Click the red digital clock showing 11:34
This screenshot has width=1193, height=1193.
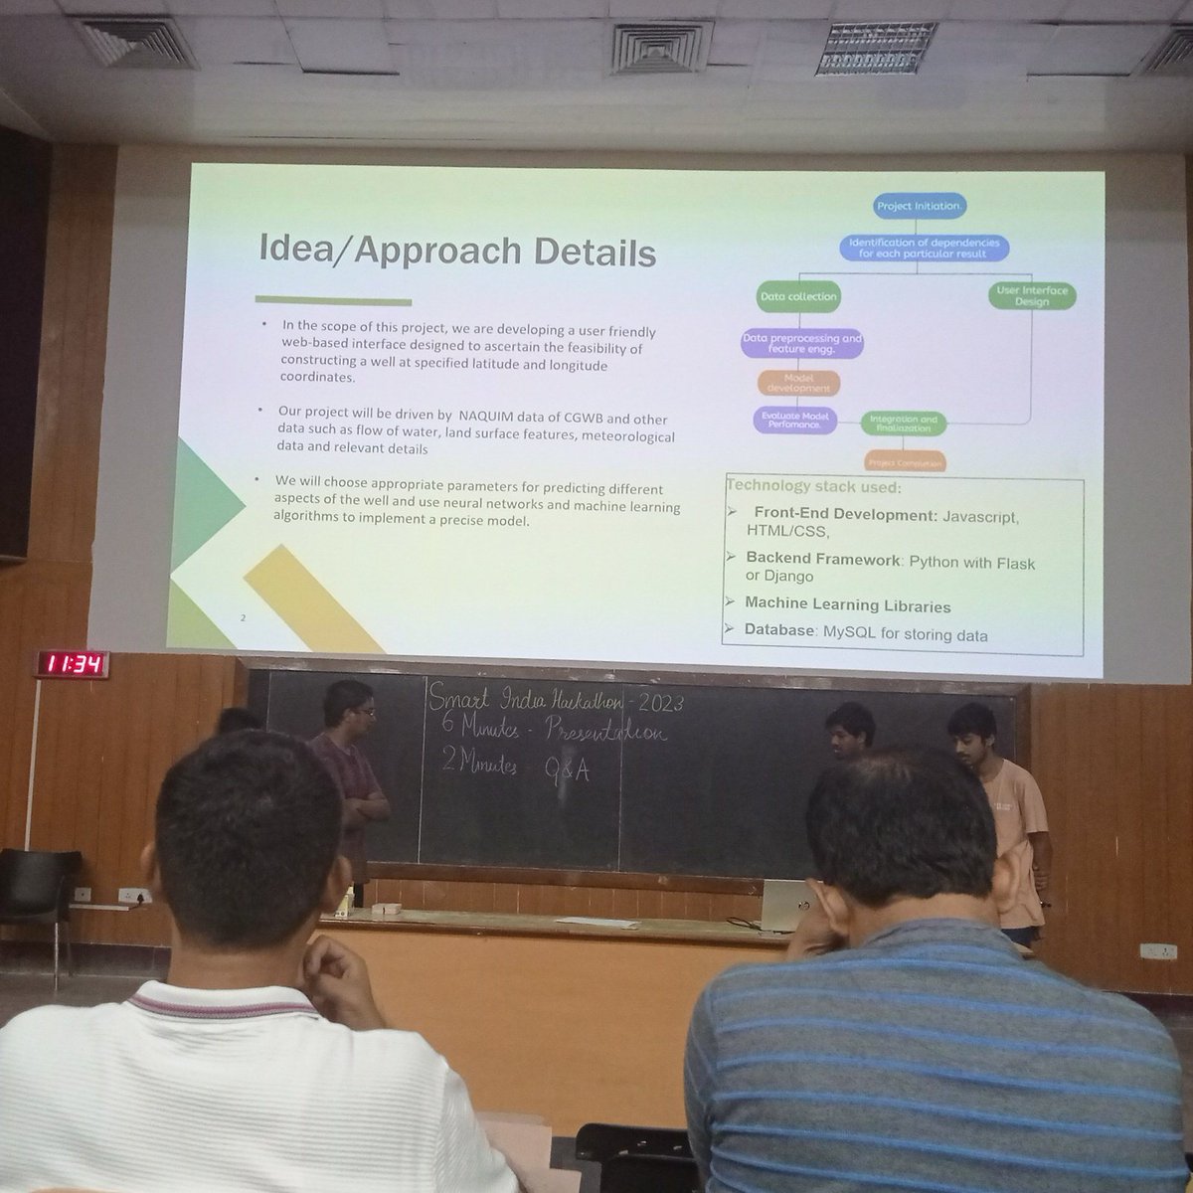(x=73, y=664)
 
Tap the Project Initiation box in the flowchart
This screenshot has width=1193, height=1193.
(x=919, y=207)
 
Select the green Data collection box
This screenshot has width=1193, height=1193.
(x=798, y=296)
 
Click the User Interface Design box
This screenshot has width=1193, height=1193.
(x=1032, y=295)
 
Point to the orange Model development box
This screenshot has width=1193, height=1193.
(x=798, y=383)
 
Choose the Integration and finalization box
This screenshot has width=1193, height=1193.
(x=903, y=424)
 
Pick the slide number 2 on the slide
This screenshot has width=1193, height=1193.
(x=243, y=618)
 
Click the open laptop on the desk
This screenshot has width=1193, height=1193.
(x=790, y=903)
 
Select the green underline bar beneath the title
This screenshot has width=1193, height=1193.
(x=333, y=300)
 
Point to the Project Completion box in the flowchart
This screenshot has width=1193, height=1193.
(x=903, y=462)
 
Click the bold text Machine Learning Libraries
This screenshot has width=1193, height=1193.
(x=848, y=605)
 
